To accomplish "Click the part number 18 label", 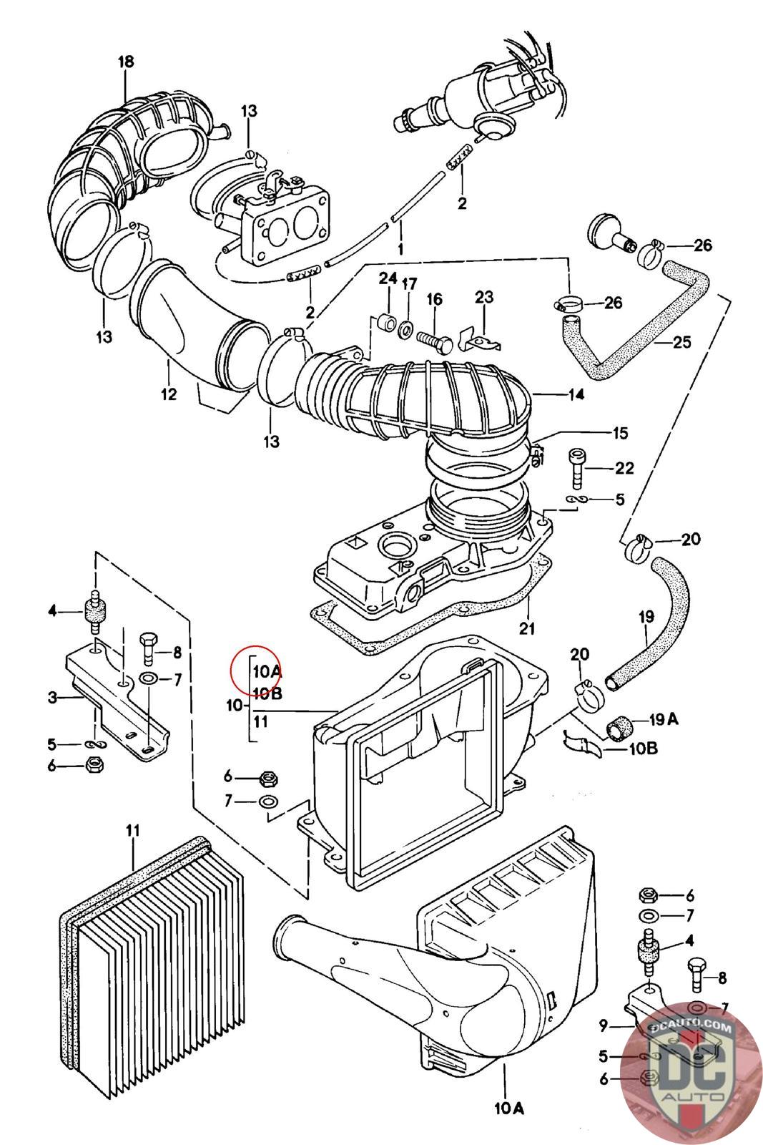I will tap(125, 62).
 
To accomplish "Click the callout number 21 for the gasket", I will tap(528, 630).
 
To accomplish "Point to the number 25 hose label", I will tap(681, 342).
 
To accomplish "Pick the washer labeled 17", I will tap(405, 328).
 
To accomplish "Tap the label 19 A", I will tap(663, 719).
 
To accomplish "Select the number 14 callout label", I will tap(576, 394).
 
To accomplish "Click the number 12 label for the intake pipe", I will tap(168, 394).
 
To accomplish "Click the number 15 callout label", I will tap(619, 432).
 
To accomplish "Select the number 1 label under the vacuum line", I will tap(400, 249).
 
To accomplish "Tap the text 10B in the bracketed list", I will tap(267, 693).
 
